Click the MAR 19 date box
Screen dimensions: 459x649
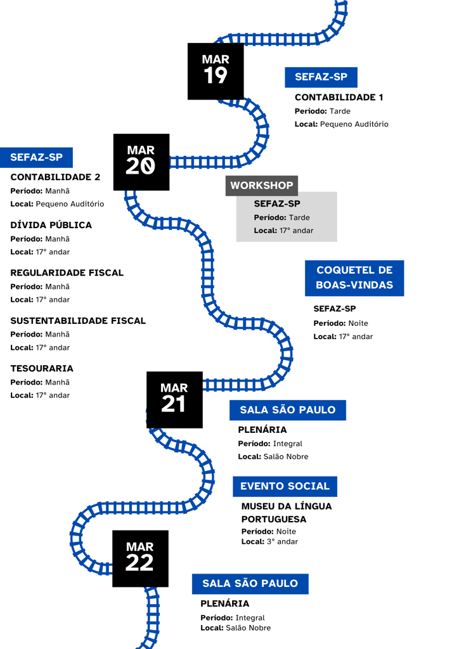[x=216, y=71]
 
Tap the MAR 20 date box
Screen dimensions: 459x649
[x=141, y=162]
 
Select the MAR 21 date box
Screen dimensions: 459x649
[x=174, y=400]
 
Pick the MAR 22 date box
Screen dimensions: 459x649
[x=140, y=559]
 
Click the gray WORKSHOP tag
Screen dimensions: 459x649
[x=262, y=186]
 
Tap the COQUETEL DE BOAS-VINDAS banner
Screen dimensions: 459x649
[x=354, y=278]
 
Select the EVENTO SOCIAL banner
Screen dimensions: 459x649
[x=285, y=486]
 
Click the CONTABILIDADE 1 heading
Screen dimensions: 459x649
[x=339, y=97]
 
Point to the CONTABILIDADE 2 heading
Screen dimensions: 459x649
[x=55, y=177]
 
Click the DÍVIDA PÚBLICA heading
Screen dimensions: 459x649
[x=51, y=225]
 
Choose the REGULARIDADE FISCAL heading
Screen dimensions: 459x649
[x=67, y=273]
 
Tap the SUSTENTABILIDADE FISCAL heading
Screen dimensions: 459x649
[x=78, y=321]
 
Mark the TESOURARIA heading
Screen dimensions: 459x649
[x=42, y=368]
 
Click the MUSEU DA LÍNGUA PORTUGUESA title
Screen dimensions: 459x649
[x=287, y=512]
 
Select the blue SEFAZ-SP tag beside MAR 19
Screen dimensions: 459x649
[x=321, y=77]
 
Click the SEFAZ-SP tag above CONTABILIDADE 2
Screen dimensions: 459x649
[x=36, y=158]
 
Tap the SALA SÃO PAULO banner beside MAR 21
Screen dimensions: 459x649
[x=288, y=410]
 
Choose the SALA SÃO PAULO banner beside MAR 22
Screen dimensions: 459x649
[x=250, y=584]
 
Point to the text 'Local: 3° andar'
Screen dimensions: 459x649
[x=270, y=541]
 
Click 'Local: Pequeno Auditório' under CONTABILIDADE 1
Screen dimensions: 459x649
[x=342, y=124]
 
